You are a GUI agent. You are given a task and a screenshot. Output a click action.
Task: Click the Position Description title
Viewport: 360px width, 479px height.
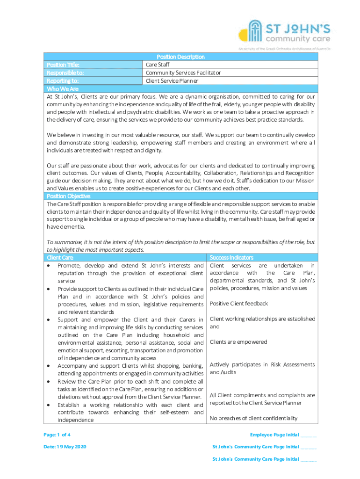point(180,57)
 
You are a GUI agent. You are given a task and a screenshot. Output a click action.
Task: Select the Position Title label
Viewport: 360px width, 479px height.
point(63,65)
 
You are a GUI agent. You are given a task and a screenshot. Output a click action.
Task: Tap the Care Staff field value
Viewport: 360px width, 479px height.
point(158,65)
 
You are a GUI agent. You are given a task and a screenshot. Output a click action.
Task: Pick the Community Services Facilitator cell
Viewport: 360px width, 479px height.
point(183,73)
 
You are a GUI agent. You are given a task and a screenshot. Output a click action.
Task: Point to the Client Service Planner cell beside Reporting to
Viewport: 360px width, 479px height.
point(172,80)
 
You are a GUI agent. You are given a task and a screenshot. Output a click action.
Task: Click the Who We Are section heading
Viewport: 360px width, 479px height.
point(63,88)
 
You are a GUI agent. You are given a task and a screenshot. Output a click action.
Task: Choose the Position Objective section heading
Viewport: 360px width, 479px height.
point(69,196)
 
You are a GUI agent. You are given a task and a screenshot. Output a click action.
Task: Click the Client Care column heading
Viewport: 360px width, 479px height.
point(60,257)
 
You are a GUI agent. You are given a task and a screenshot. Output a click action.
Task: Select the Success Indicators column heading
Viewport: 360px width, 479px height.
point(231,257)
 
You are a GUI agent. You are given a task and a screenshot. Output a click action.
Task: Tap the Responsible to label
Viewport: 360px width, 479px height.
point(65,73)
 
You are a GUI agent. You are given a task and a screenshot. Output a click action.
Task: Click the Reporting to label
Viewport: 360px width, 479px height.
point(63,80)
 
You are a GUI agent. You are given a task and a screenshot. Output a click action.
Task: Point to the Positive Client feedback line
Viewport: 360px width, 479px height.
point(239,304)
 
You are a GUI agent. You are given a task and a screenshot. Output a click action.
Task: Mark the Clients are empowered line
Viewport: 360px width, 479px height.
point(238,342)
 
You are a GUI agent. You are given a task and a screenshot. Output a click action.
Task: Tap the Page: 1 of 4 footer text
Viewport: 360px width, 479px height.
point(57,435)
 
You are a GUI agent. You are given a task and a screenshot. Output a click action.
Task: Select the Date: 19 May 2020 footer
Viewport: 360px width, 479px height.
point(65,447)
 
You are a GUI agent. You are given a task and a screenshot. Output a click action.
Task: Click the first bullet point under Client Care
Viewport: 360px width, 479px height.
point(49,266)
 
